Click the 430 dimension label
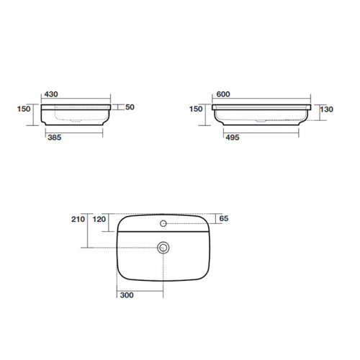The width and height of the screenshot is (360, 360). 51,94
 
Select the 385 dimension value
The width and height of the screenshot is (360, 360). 55,138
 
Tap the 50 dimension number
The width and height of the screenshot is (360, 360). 130,107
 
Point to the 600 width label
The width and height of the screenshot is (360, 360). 223,94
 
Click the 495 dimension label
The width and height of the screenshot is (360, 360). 233,138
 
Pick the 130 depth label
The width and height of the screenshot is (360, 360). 327,109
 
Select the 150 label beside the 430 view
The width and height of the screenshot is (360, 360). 24,109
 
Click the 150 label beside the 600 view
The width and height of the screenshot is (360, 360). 196,109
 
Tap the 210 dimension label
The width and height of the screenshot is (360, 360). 78,219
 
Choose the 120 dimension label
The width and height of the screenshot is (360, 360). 99,219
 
